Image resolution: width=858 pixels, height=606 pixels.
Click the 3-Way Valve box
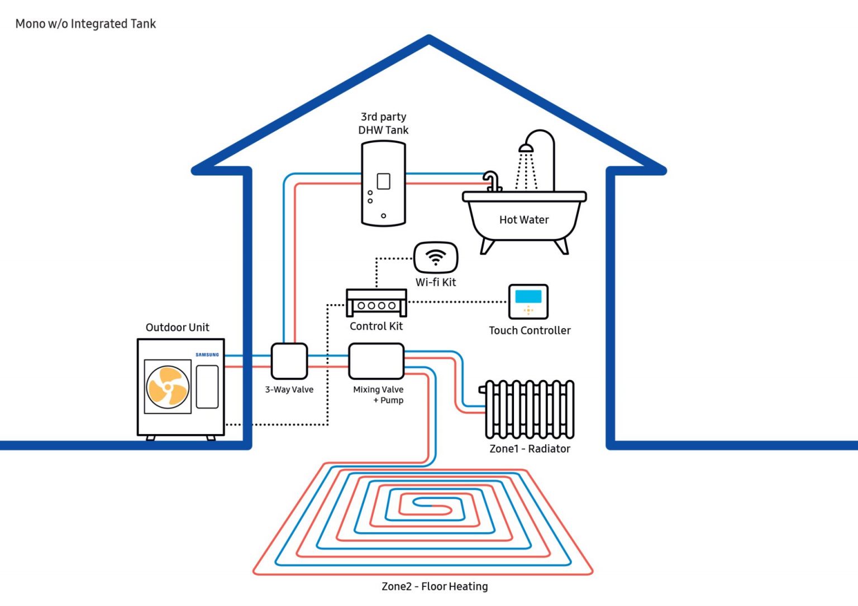pos(289,361)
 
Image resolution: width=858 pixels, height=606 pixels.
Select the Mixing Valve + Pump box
pos(376,361)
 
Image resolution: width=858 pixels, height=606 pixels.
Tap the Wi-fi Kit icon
pos(436,257)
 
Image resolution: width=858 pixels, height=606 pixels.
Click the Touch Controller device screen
pos(528,296)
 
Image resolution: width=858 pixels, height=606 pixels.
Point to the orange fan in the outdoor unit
pos(168,386)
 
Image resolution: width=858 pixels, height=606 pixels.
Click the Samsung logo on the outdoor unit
pos(207,355)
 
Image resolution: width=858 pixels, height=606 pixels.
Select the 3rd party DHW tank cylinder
pos(383,184)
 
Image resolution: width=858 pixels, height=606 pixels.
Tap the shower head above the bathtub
pos(526,148)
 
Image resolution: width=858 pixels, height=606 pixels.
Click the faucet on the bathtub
pos(492,181)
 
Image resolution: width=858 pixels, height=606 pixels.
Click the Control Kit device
pos(376,302)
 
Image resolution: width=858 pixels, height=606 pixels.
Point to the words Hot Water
pos(524,220)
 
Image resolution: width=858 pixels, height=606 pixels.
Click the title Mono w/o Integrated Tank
pos(85,24)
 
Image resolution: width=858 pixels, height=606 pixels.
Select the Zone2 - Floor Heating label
pos(435,586)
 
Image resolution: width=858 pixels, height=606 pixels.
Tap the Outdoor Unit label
pos(178,328)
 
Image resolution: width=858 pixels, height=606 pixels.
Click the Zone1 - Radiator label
pos(530,449)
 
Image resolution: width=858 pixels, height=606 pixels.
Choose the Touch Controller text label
pos(530,330)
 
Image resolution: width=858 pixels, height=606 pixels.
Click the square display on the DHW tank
pos(383,181)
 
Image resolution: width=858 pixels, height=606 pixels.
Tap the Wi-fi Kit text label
pos(436,282)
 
